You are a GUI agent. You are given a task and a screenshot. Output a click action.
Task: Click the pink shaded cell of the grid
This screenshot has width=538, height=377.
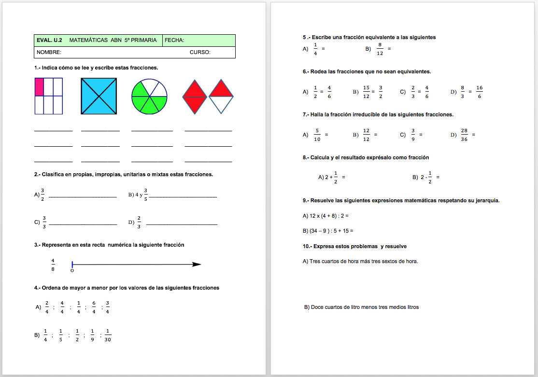tap(39, 87)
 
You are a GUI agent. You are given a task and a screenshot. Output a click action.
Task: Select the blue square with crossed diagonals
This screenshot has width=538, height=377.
tap(99, 96)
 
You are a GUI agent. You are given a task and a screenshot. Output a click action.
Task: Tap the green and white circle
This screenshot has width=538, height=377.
tap(149, 96)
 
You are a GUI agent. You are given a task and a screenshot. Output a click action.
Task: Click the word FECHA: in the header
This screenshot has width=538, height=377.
tap(174, 40)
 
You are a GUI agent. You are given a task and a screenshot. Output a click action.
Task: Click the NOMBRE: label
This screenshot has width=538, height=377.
tap(49, 52)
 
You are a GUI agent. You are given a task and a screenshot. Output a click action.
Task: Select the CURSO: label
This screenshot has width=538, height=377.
tap(200, 52)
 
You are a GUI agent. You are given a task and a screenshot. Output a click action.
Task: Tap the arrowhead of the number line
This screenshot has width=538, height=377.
tap(197, 264)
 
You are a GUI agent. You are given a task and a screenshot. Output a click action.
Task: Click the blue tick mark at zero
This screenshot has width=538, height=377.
tap(72, 264)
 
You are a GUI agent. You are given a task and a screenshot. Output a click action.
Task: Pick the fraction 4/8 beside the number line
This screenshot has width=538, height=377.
tap(53, 265)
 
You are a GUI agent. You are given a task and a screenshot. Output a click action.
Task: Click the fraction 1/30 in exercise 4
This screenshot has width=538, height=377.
tap(108, 335)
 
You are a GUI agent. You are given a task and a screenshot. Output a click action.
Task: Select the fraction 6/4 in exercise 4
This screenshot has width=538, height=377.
tap(94, 307)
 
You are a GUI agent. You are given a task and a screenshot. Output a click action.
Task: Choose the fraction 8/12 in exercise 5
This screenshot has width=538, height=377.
tap(380, 49)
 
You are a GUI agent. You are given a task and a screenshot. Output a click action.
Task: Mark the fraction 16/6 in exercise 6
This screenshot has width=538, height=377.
tap(479, 92)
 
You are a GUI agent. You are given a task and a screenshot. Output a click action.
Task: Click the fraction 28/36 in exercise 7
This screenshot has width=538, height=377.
tap(464, 135)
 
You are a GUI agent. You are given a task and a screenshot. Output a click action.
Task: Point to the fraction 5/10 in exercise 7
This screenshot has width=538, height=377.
tap(317, 135)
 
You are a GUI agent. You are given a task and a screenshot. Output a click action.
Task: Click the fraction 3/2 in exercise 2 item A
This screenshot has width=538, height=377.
tap(42, 195)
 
